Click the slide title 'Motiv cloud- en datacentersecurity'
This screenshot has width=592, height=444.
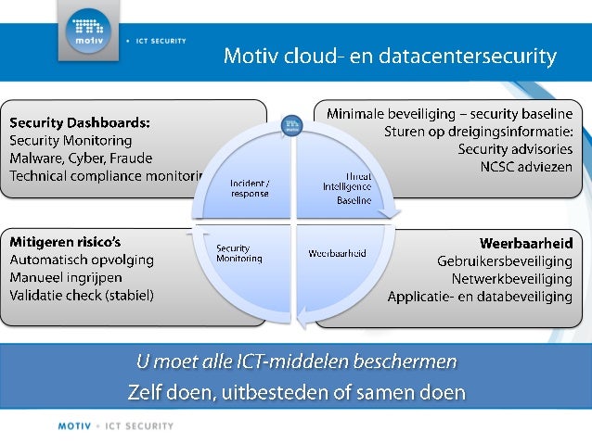[390, 57]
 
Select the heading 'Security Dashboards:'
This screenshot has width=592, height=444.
[81, 121]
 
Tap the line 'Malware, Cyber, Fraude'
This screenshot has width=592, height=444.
[80, 158]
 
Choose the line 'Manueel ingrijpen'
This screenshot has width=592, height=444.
[66, 277]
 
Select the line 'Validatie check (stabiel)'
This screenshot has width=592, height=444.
[82, 295]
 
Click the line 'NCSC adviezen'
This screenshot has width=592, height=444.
[526, 167]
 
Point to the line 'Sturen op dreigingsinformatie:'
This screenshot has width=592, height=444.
[479, 132]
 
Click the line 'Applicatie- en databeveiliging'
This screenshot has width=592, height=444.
[480, 297]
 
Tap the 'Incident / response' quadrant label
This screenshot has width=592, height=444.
[250, 188]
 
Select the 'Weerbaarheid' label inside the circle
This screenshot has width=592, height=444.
[337, 253]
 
